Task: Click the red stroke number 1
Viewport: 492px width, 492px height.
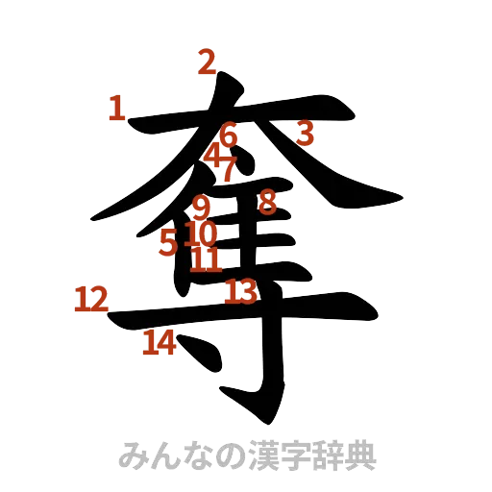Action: point(117,109)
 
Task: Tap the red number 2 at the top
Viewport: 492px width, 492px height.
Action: point(205,63)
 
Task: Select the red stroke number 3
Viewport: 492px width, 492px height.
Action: point(304,132)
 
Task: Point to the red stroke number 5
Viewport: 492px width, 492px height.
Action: point(168,243)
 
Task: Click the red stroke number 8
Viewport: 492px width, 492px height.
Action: point(267,201)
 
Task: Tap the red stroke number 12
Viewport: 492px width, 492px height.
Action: point(88,301)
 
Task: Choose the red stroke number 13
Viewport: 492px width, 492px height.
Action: point(241,290)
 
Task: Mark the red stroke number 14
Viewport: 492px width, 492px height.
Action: point(159,343)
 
